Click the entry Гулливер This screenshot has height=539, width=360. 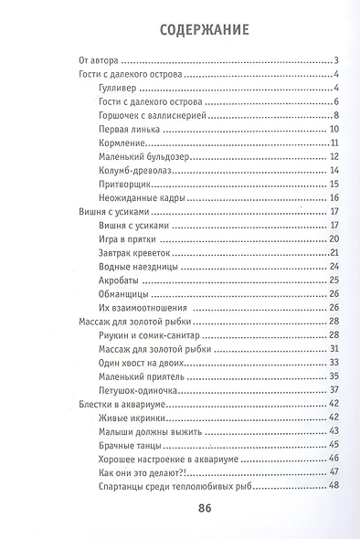coord(115,88)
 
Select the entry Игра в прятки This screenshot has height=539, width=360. coord(123,239)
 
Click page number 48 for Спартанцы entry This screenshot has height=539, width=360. coord(334,485)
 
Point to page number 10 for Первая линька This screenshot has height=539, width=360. coord(334,129)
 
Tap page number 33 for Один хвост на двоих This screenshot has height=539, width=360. coord(334,363)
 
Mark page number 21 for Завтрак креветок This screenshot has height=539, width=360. coord(334,253)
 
